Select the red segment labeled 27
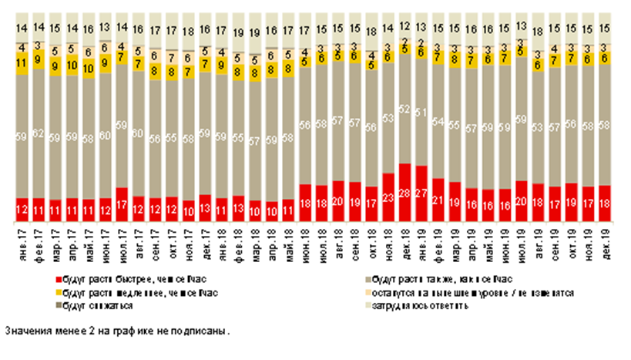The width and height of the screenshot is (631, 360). click(421, 193)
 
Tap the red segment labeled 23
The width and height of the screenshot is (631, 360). click(388, 199)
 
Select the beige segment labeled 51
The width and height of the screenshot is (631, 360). click(421, 113)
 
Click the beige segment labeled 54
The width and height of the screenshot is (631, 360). click(438, 121)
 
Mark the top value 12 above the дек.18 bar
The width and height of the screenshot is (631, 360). click(404, 26)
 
